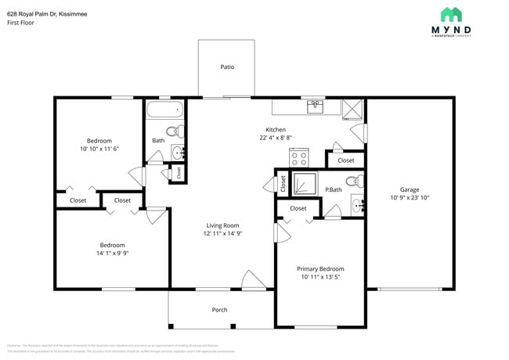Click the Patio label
(227, 67)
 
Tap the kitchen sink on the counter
(315, 107)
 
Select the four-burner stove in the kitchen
(298, 157)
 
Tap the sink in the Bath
(178, 152)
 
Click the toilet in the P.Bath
(354, 182)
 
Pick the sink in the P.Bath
(357, 207)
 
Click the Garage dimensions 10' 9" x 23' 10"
(410, 198)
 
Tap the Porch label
(220, 310)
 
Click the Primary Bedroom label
(320, 268)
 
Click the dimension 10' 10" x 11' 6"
(99, 149)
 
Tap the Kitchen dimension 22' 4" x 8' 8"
(275, 138)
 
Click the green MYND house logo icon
(451, 14)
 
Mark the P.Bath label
(334, 190)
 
